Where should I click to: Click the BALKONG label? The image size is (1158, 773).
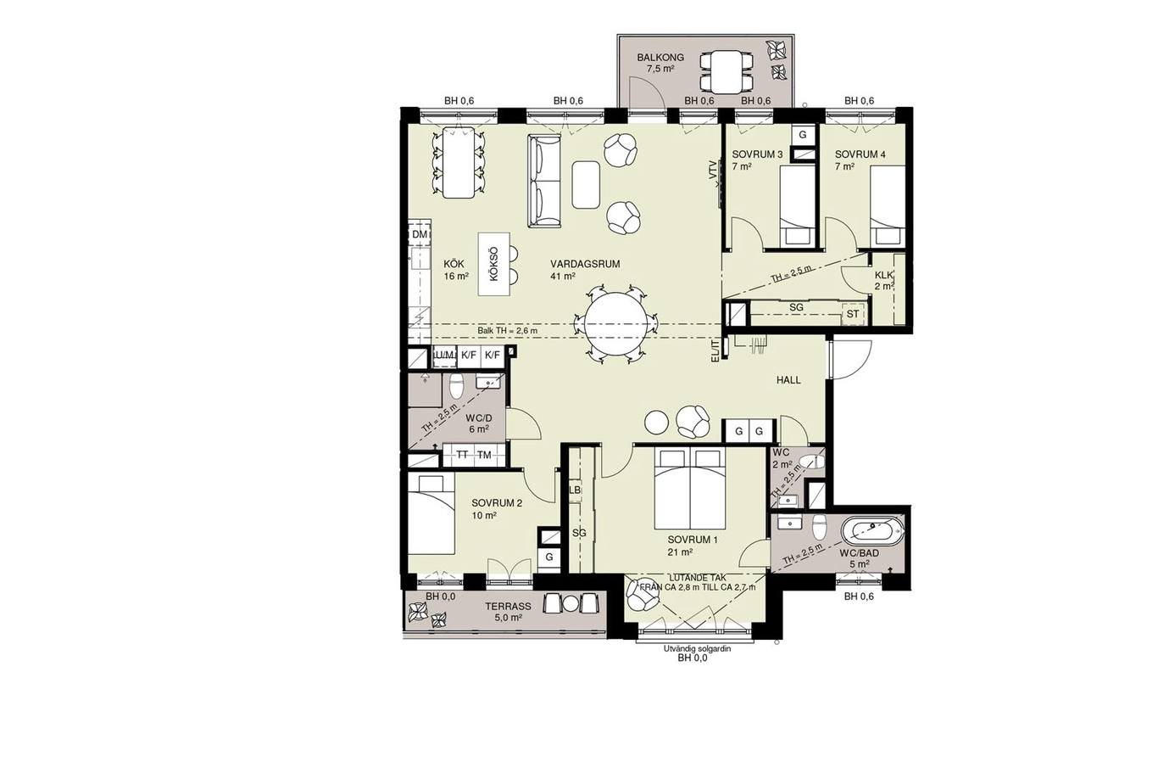[660, 58]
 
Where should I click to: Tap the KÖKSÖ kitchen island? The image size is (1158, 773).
[132, 265]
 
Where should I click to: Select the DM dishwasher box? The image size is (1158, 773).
[420, 234]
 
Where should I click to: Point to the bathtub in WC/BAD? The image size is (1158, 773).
[872, 531]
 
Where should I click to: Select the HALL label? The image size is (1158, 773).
[788, 380]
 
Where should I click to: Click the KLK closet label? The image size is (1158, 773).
[883, 275]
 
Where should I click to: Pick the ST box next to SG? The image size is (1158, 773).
[853, 314]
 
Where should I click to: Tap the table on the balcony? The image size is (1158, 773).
[726, 72]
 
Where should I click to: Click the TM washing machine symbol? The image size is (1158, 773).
[484, 456]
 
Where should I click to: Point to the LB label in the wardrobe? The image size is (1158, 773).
[575, 490]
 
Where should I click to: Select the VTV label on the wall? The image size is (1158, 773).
[714, 171]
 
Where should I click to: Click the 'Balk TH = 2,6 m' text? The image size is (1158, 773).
[507, 331]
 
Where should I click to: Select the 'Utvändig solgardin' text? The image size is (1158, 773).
[698, 649]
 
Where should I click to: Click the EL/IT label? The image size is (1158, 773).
[715, 350]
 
